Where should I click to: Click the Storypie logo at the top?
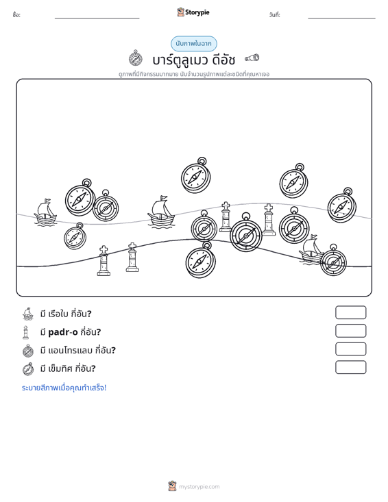[x=193, y=12]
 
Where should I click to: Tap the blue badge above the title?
[x=193, y=44]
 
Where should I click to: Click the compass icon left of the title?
[x=136, y=58]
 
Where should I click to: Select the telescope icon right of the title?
[x=252, y=58]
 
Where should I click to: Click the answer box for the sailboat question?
[x=350, y=312]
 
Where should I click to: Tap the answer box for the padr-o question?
[x=350, y=331]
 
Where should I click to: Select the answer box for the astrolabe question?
[x=350, y=349]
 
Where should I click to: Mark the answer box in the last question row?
[x=350, y=367]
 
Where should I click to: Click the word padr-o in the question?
[x=63, y=332]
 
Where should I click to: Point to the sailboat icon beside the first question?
[x=28, y=314]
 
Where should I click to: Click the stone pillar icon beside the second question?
[x=26, y=332]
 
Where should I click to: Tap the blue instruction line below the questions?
[x=64, y=388]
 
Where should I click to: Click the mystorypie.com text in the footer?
[x=199, y=487]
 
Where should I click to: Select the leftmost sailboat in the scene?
[x=45, y=212]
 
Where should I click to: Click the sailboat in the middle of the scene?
[x=161, y=212]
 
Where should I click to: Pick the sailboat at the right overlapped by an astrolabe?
[x=311, y=249]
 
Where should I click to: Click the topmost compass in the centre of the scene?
[x=196, y=175]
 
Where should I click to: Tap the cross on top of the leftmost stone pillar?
[x=104, y=249]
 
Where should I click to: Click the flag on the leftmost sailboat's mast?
[x=47, y=201]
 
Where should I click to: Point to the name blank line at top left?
[x=97, y=18]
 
